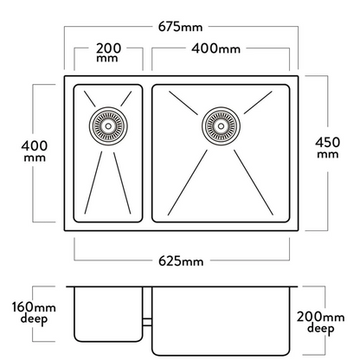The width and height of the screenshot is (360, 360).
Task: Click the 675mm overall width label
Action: (181, 27)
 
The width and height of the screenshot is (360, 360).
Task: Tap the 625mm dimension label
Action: (181, 261)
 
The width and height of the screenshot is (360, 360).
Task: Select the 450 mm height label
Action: (328, 148)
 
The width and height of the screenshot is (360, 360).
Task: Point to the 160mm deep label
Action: (34, 313)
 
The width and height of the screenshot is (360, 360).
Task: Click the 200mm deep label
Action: (320, 323)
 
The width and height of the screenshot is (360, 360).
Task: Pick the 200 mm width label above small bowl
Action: (108, 53)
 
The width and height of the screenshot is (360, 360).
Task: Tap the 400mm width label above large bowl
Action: (215, 48)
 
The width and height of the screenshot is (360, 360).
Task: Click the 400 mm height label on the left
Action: (35, 151)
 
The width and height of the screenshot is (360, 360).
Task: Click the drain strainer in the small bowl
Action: (108, 126)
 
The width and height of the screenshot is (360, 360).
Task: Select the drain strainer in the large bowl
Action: (221, 126)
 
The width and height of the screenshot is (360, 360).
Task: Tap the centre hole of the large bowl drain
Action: (221, 126)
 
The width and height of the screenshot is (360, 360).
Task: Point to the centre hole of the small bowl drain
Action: (108, 126)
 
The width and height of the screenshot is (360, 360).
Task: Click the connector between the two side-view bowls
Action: (147, 322)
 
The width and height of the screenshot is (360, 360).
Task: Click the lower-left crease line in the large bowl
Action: (188, 183)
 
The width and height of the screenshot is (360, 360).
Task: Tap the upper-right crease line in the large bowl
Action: (258, 103)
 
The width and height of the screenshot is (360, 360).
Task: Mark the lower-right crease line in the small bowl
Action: (122, 183)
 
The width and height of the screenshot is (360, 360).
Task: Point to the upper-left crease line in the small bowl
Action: (90, 99)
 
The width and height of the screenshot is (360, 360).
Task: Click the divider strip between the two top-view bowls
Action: (147, 153)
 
